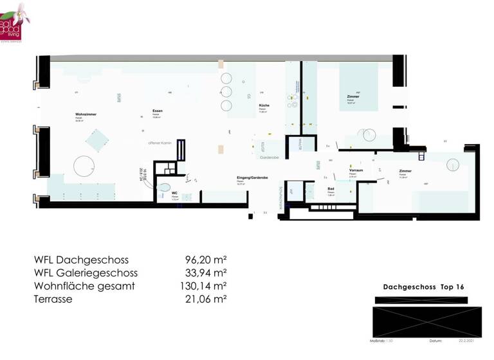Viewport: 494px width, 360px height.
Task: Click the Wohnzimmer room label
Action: (86, 114)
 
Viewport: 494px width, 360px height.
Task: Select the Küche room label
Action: (264, 105)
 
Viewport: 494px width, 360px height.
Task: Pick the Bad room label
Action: (331, 189)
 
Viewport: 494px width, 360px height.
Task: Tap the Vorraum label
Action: (356, 170)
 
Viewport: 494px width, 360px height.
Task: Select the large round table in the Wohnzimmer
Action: (86, 167)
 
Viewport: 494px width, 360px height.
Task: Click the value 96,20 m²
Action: (206, 260)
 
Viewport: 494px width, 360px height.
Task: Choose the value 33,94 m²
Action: (206, 273)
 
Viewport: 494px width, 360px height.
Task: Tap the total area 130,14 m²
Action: (202, 286)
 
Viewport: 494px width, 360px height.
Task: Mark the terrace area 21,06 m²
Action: (206, 299)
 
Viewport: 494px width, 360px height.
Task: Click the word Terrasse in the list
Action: (53, 299)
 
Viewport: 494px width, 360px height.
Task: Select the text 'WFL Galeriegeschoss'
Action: (86, 273)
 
